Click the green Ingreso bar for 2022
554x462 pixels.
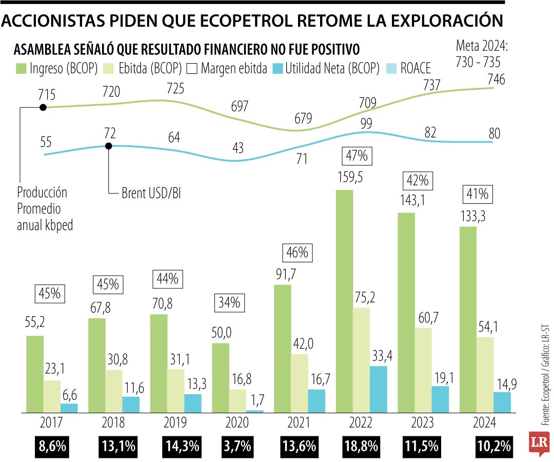[344, 301]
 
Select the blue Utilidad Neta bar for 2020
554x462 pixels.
[255, 411]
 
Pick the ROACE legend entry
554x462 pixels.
[408, 68]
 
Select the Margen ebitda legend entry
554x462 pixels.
[227, 68]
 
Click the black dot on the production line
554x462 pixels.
[43, 107]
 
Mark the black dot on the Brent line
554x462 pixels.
[109, 146]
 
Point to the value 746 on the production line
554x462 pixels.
[497, 80]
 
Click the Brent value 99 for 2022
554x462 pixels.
[366, 123]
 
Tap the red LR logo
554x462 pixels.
[540, 442]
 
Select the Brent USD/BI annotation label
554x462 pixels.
[151, 194]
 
